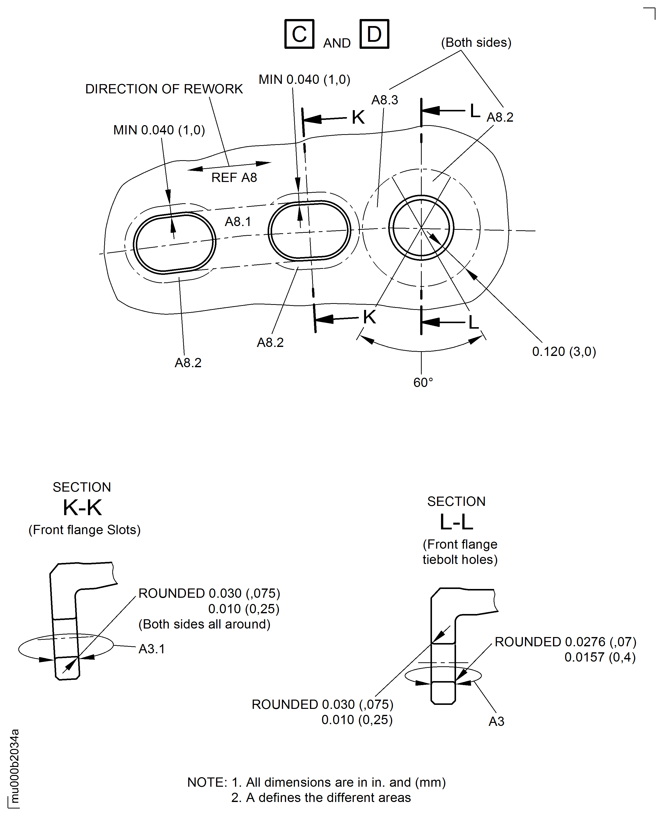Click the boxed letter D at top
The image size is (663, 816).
click(x=374, y=34)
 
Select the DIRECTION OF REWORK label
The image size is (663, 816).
click(x=164, y=89)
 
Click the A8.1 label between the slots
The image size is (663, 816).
click(x=238, y=221)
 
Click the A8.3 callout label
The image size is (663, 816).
click(x=385, y=100)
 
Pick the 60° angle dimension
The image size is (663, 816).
click(x=423, y=382)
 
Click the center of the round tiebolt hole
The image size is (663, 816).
click(x=421, y=228)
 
